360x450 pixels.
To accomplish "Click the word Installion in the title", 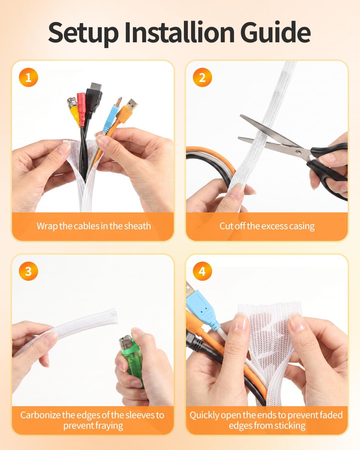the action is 179,33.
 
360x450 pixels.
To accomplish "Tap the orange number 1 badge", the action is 28,77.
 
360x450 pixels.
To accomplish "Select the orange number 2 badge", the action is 202,77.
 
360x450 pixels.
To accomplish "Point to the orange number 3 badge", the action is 28,271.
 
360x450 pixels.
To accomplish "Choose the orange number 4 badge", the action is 202,271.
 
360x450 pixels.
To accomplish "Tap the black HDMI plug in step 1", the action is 94,99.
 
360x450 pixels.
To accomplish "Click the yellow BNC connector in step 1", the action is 74,110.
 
